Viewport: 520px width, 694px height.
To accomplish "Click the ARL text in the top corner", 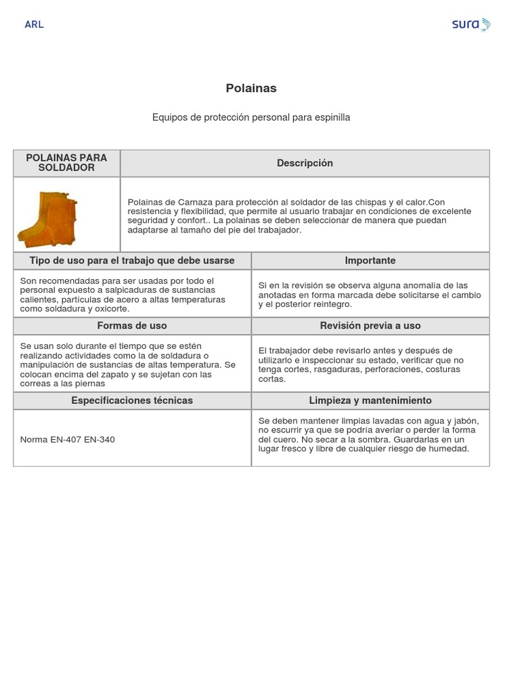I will pos(34,24).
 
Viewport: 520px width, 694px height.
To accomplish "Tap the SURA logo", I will pos(471,24).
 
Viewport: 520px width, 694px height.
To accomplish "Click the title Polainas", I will pos(251,88).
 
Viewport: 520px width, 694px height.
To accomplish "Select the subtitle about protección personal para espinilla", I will pos(251,117).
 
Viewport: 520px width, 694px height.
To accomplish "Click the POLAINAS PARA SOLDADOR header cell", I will pos(66,163).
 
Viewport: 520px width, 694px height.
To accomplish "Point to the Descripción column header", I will pos(305,163).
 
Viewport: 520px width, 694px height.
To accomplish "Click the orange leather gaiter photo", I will pos(47,219).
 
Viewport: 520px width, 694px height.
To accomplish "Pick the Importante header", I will pos(370,260).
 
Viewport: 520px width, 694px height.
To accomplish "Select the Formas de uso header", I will pos(132,325).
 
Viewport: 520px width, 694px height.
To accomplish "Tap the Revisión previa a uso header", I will pos(370,325).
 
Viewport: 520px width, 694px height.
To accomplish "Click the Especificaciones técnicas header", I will pos(132,400).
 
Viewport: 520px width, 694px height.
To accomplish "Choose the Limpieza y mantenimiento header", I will pos(370,400).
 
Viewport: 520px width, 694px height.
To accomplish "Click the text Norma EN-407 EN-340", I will pos(68,439).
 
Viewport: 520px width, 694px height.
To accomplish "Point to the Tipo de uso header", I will pos(132,260).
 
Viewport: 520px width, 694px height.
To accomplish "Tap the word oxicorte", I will pos(109,309).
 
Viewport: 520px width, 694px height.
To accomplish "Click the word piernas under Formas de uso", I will pos(90,384).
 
